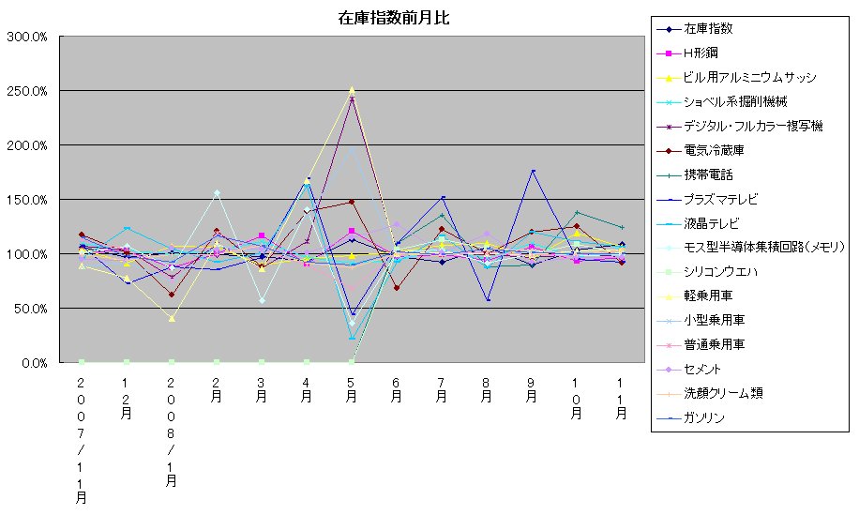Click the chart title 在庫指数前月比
pos(394,19)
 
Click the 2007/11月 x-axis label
pos(82,441)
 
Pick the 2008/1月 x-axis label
pos(172,432)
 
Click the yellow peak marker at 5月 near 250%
pos(352,90)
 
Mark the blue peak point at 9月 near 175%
pos(532,172)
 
